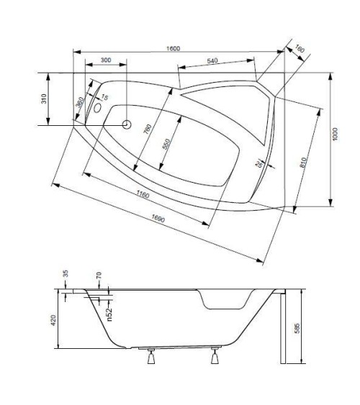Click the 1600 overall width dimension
point(174,48)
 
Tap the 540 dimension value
point(212,61)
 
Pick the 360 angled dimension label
point(80,105)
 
